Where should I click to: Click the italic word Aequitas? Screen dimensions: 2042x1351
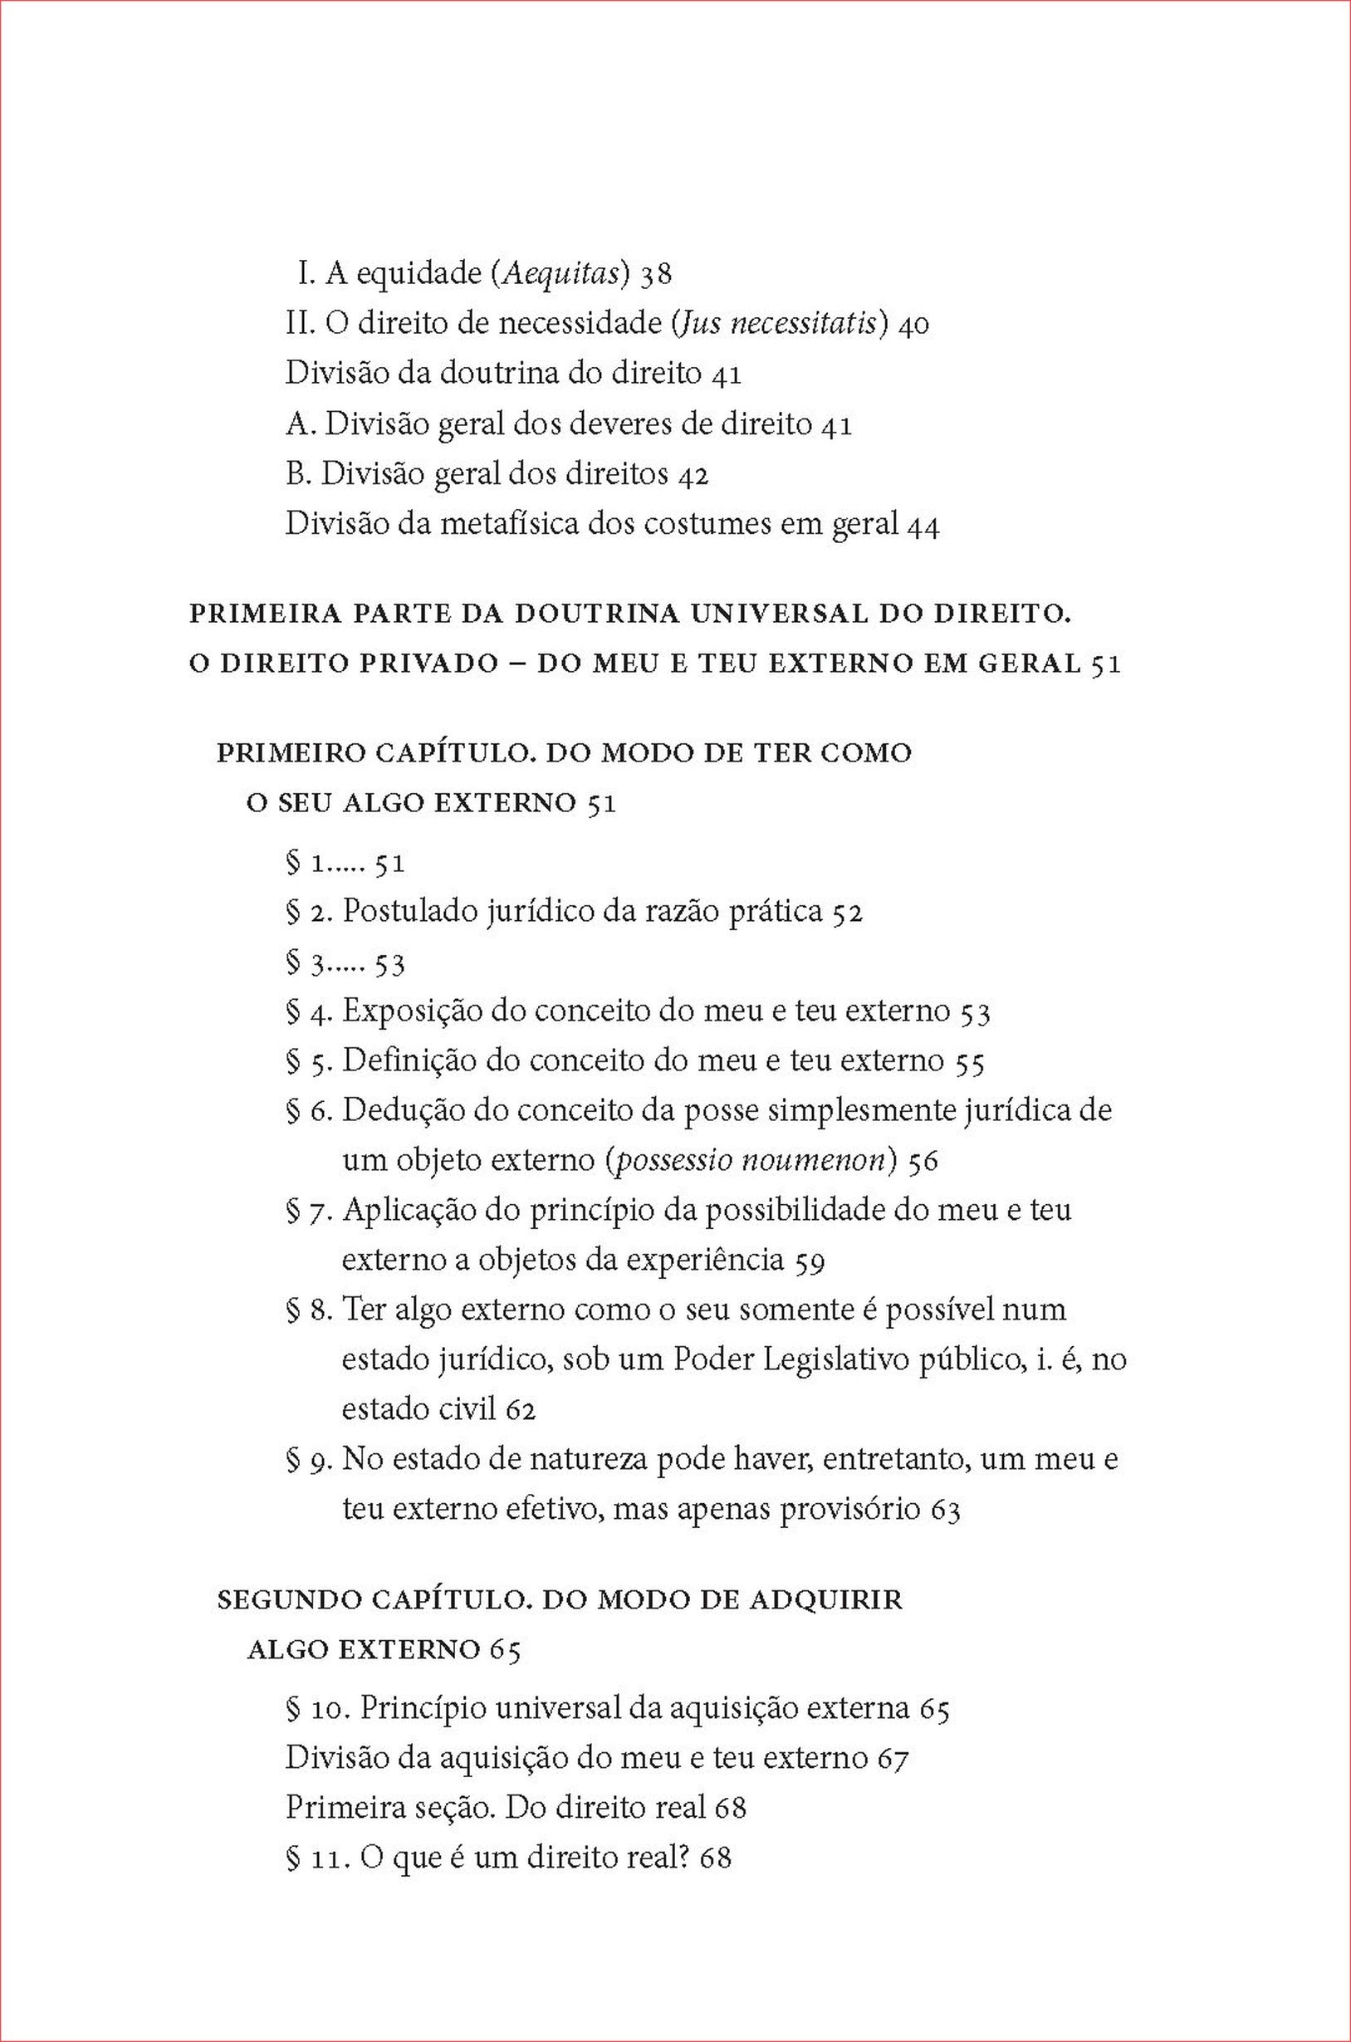[560, 274]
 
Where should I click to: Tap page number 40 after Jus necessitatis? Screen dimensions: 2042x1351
[913, 325]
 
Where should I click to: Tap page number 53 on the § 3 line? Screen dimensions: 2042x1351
[389, 963]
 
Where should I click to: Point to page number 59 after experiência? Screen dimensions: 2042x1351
[810, 1261]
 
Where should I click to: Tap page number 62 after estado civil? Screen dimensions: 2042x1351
[521, 1409]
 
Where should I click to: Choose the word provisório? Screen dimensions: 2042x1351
[849, 1510]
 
